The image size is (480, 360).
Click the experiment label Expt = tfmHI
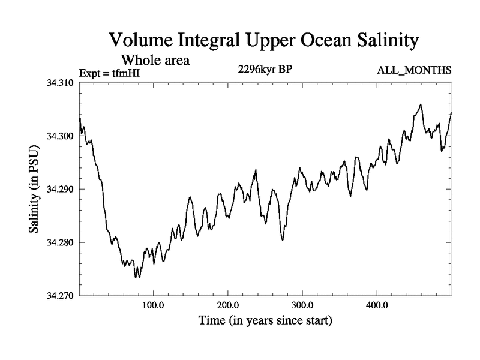coord(113,74)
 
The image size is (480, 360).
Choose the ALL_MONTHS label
coord(414,71)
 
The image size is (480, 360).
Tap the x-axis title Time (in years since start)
coord(265,321)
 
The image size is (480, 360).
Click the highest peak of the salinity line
coord(421,104)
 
